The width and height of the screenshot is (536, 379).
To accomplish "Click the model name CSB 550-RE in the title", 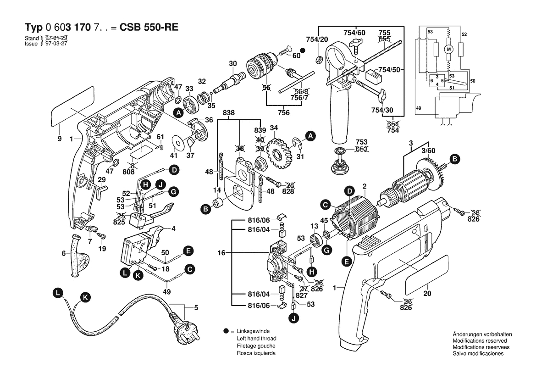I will click(x=149, y=27).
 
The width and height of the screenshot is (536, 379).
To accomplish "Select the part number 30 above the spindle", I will click(x=233, y=63).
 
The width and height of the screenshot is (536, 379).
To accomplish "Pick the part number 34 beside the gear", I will click(x=274, y=128).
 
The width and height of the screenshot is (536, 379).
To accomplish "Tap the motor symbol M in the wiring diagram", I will click(x=449, y=49).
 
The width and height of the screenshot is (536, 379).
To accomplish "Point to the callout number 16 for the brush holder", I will click(x=222, y=252).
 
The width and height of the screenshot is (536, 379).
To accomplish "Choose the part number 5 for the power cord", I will click(x=196, y=307).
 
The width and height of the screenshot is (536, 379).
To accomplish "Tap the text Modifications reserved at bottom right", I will click(x=480, y=341).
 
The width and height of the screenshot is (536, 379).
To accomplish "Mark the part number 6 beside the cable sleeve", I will click(x=63, y=253).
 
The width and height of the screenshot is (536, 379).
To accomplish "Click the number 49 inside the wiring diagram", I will click(x=418, y=108).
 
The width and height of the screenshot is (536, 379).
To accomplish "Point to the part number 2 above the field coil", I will click(x=364, y=186).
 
